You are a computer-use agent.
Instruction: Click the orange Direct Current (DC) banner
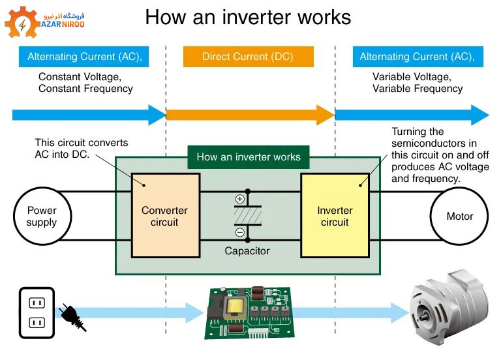coord(249,57)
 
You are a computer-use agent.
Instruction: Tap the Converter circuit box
coord(166,216)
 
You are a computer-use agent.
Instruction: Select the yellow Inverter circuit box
coord(335,216)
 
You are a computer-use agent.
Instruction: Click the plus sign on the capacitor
coord(239,199)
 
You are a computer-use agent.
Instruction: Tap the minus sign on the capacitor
coord(239,232)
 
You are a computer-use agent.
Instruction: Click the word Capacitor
coord(247,250)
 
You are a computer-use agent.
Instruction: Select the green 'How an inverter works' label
coord(249,157)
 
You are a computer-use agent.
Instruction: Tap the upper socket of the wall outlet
coord(37,303)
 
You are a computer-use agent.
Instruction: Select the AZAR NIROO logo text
coord(63,24)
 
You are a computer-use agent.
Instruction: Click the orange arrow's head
coord(326,115)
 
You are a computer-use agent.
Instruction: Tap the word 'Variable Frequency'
coord(417,89)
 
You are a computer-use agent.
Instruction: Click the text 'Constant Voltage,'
coord(80,77)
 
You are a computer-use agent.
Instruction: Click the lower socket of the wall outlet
coord(37,323)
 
